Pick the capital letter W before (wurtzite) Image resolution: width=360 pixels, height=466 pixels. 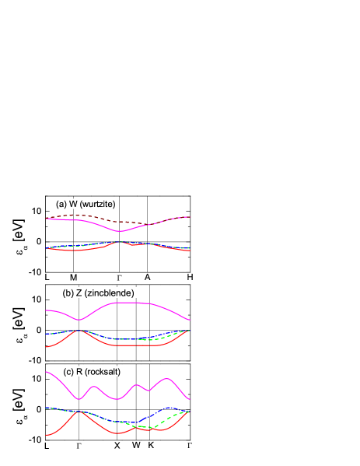point(73,204)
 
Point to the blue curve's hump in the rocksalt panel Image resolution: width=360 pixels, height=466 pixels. point(167,408)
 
